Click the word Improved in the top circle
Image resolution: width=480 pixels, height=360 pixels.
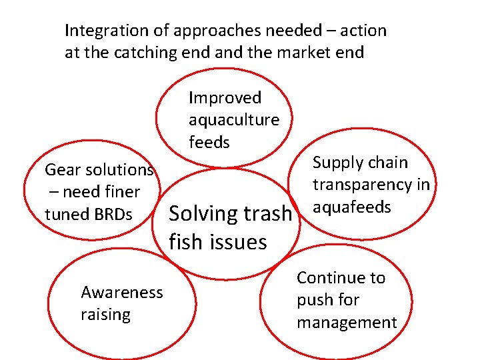click(x=225, y=98)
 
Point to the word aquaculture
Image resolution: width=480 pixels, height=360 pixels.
click(x=234, y=120)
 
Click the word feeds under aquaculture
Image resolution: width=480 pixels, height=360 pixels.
click(x=209, y=142)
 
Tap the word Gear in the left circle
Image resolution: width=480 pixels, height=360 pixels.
click(x=60, y=170)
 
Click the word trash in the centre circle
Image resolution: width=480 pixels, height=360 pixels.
click(x=266, y=214)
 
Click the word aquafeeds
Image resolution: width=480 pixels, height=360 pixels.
click(x=351, y=207)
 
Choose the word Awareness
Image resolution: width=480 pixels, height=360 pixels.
click(x=121, y=292)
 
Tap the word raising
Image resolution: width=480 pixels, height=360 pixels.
click(x=105, y=314)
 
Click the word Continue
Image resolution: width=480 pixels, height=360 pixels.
click(x=341, y=278)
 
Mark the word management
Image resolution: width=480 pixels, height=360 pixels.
click(x=347, y=323)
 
